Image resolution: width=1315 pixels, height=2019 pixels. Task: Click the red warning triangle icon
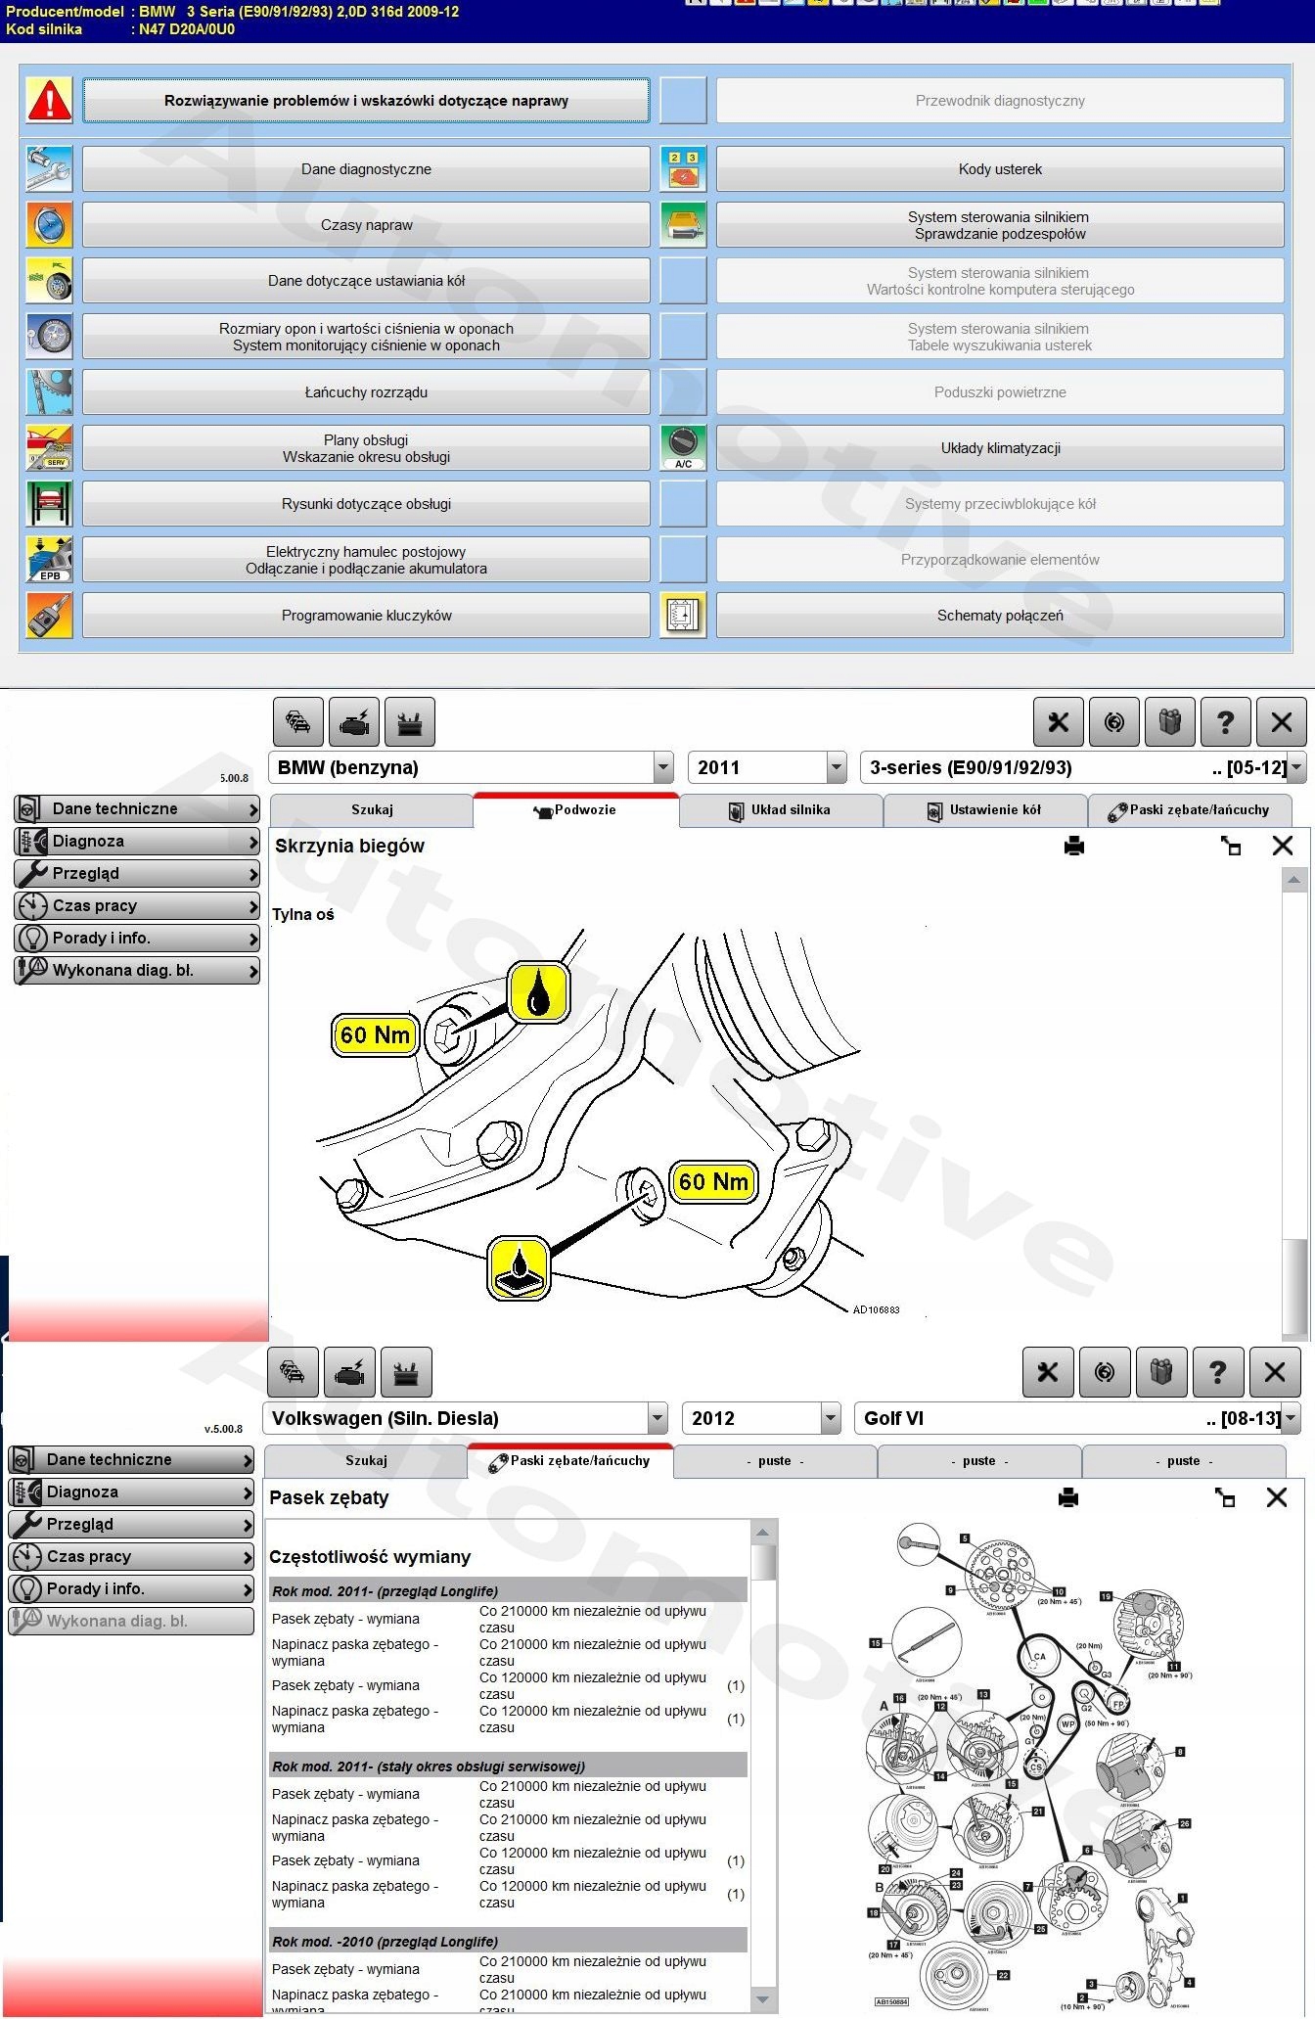[49, 100]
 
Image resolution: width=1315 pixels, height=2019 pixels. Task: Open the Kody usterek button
[999, 169]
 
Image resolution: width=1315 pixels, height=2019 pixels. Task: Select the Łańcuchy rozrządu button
[366, 392]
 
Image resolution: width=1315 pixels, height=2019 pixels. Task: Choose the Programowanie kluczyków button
[366, 616]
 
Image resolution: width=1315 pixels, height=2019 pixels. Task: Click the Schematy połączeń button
[999, 616]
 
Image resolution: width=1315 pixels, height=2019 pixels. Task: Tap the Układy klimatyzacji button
[999, 448]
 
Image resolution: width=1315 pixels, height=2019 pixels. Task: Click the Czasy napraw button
[366, 225]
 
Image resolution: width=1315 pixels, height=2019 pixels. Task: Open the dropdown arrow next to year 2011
[837, 768]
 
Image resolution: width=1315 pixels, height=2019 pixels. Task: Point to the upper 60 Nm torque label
[375, 1035]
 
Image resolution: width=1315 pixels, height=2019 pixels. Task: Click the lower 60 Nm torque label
[713, 1182]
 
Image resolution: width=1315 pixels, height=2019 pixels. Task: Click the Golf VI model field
[1066, 1418]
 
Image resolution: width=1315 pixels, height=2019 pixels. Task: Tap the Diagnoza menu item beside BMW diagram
[137, 841]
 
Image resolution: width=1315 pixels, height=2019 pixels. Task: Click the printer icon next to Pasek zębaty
[1068, 1497]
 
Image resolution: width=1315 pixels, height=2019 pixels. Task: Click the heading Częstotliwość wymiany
[370, 1557]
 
